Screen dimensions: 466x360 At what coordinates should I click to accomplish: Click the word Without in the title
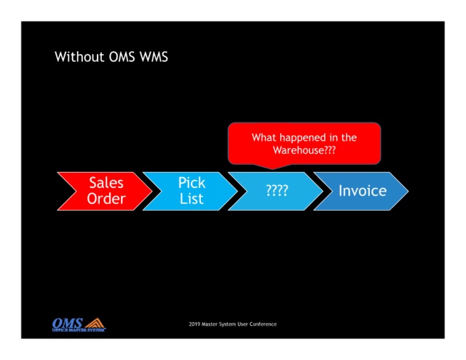[79, 57]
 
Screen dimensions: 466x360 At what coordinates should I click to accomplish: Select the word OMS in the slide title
[122, 57]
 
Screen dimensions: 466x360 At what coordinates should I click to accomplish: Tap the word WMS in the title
[154, 57]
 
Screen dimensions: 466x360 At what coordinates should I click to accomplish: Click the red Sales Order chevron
[105, 192]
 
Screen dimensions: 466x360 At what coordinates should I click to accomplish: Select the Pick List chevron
[191, 192]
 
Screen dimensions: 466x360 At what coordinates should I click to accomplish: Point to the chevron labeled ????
[276, 192]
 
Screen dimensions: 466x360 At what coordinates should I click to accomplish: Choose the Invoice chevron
[361, 192]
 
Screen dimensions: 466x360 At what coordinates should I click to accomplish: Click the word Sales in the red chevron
[106, 183]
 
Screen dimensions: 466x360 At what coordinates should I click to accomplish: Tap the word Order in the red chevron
[106, 199]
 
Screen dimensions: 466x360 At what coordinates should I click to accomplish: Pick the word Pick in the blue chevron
[191, 183]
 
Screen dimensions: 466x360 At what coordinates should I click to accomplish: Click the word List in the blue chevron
[191, 199]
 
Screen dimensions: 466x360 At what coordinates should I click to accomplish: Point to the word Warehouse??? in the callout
[304, 150]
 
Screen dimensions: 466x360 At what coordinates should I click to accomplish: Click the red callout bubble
[304, 144]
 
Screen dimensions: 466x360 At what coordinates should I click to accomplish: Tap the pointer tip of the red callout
[272, 169]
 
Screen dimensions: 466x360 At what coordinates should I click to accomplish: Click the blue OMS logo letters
[67, 323]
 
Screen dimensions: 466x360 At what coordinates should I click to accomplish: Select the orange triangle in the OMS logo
[95, 323]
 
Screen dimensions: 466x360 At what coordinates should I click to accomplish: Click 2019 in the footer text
[194, 324]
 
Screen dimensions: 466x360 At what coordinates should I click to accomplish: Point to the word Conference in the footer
[263, 324]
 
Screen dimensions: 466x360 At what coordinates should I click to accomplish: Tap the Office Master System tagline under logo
[79, 330]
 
